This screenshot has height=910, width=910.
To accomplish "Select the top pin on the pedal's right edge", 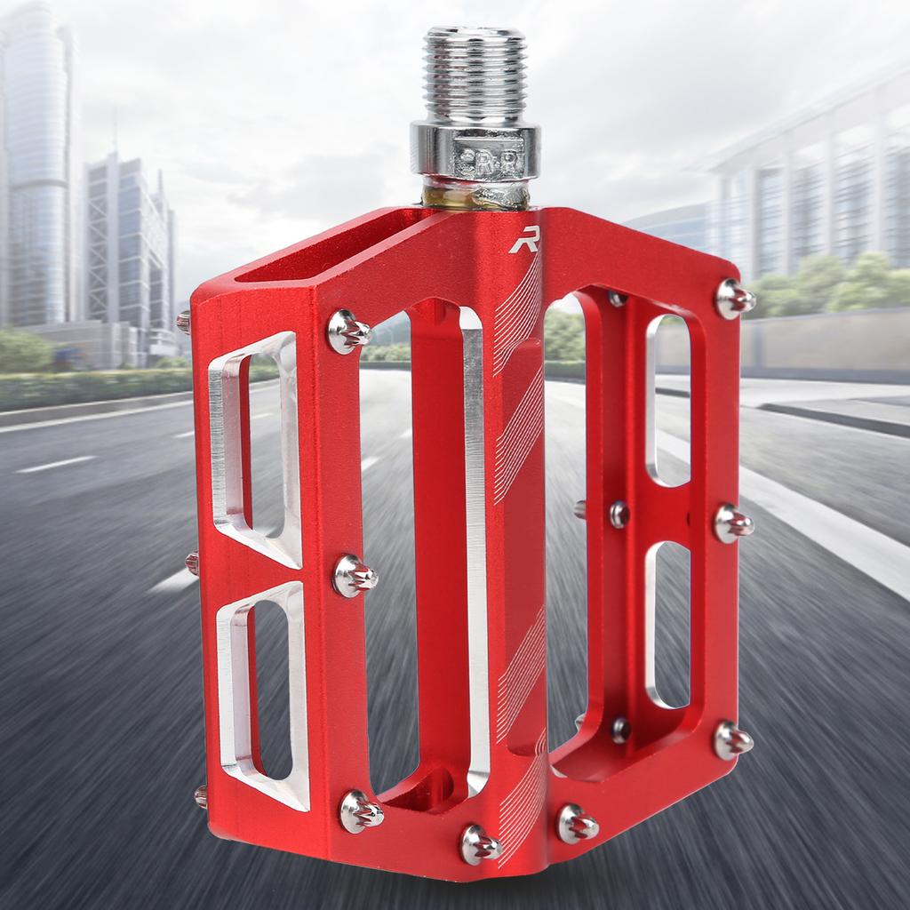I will pos(733,299).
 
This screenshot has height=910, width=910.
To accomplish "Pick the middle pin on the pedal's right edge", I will pos(732,523).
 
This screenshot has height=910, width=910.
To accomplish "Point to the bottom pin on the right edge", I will pos(732,739).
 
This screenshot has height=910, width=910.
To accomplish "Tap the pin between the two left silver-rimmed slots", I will pos(354,576).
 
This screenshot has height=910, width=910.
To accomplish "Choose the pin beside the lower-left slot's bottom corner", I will pos(360,810).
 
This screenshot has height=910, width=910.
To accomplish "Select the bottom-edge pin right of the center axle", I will pos(576,823).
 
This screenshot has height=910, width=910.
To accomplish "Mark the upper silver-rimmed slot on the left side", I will pos(258,449).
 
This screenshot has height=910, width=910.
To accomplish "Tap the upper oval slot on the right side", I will pos(668,400).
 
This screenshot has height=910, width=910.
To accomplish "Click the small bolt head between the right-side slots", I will pos(619,514).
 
